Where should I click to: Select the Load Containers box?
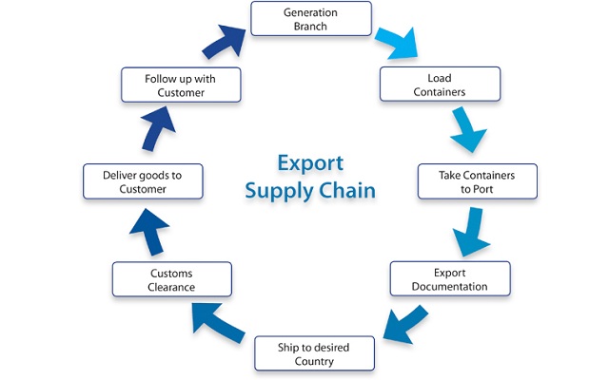click(439, 83)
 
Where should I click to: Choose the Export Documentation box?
click(450, 278)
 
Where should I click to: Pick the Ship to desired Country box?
click(313, 353)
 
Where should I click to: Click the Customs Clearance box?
click(171, 279)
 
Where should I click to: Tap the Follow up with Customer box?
click(181, 84)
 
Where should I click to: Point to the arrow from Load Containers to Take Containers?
click(467, 130)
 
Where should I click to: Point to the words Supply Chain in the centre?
click(309, 190)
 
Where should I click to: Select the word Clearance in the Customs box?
click(171, 287)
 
